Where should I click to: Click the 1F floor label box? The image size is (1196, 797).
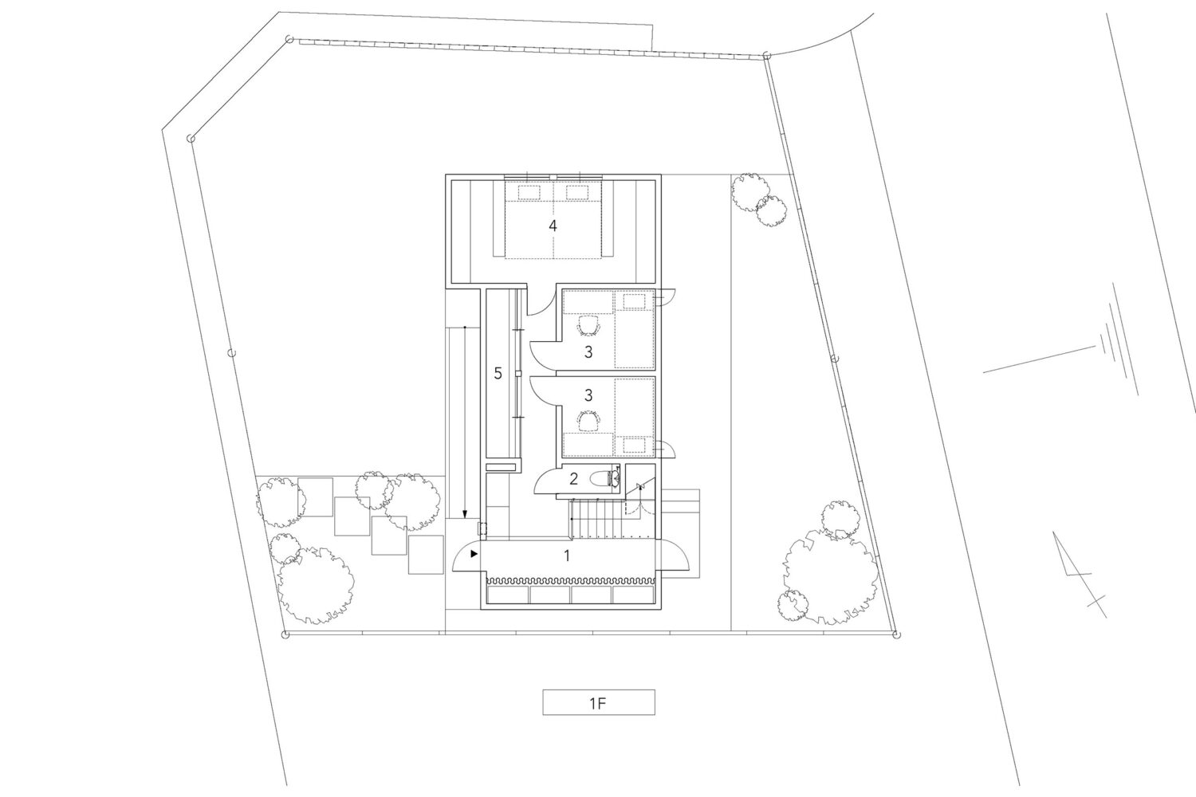[599, 702]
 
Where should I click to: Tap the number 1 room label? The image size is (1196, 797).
[567, 556]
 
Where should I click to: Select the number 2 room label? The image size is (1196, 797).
[573, 479]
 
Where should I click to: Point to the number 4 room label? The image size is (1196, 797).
[553, 226]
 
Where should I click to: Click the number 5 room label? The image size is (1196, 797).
[498, 373]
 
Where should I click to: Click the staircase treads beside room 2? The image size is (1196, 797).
[596, 519]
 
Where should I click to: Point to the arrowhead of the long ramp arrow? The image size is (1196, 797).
[465, 515]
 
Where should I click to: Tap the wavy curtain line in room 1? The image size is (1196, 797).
[570, 580]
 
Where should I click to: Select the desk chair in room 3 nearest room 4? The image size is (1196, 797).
[588, 326]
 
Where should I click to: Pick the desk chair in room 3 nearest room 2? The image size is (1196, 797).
[588, 420]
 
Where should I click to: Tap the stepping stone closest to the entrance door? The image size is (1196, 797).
[426, 555]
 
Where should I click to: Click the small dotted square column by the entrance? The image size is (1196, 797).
[482, 528]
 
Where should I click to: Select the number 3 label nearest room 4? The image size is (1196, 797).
[588, 351]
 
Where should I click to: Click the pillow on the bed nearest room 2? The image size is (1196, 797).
[635, 445]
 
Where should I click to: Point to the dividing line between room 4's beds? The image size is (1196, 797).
[553, 220]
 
